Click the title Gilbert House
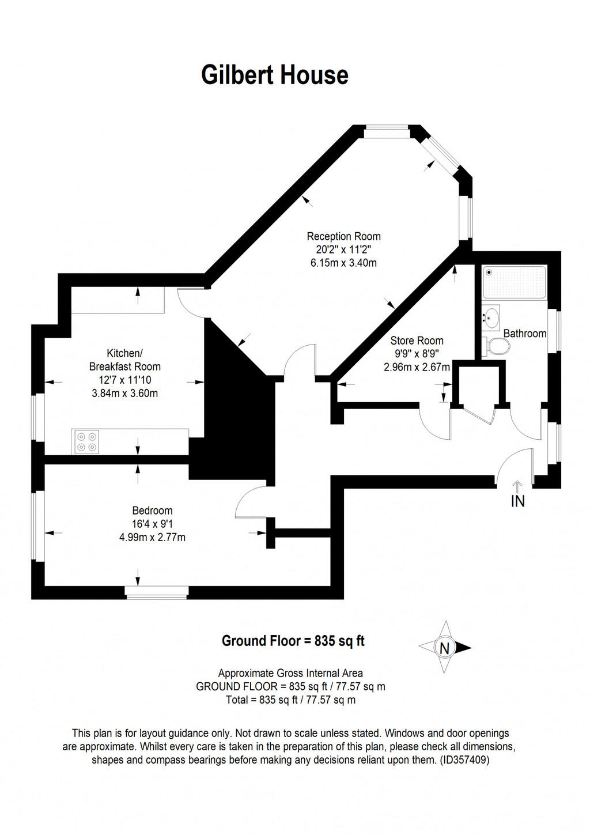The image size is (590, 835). (275, 75)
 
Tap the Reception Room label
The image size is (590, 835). (343, 236)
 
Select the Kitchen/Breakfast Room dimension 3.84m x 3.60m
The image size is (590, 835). (124, 394)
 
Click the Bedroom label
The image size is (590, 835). (152, 511)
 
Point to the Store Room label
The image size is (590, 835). (417, 341)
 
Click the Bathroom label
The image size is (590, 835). (524, 334)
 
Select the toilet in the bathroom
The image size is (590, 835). (497, 346)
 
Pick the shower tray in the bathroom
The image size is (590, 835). (514, 282)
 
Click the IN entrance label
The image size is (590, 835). (517, 502)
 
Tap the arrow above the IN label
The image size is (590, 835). (517, 487)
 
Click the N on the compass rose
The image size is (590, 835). (444, 648)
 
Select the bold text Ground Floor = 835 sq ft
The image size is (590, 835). (293, 641)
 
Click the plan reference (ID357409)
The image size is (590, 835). (464, 760)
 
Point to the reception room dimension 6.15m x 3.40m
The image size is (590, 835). (343, 263)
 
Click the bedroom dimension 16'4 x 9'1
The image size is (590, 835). (152, 524)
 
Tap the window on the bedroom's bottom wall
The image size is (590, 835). (157, 591)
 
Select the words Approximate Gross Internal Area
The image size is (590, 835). (290, 673)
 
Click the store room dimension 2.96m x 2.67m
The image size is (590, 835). (417, 367)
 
